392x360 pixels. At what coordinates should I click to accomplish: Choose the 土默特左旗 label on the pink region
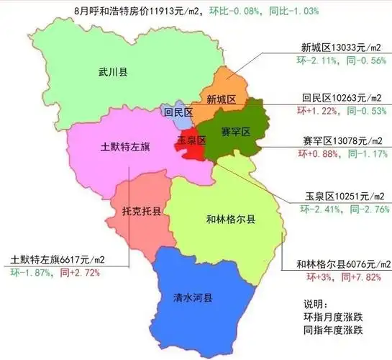[124, 146]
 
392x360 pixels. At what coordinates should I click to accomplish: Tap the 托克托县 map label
[141, 213]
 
